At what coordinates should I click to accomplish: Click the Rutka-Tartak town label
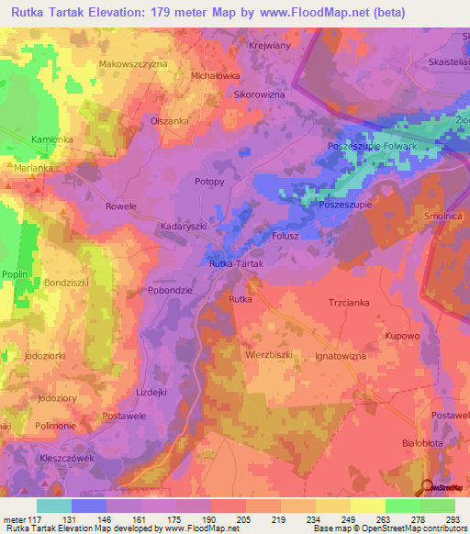[x=237, y=264]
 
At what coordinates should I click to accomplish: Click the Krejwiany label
[x=270, y=44]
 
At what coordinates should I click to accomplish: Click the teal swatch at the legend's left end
[x=54, y=506]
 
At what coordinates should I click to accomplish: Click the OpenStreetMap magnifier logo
[x=428, y=488]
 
